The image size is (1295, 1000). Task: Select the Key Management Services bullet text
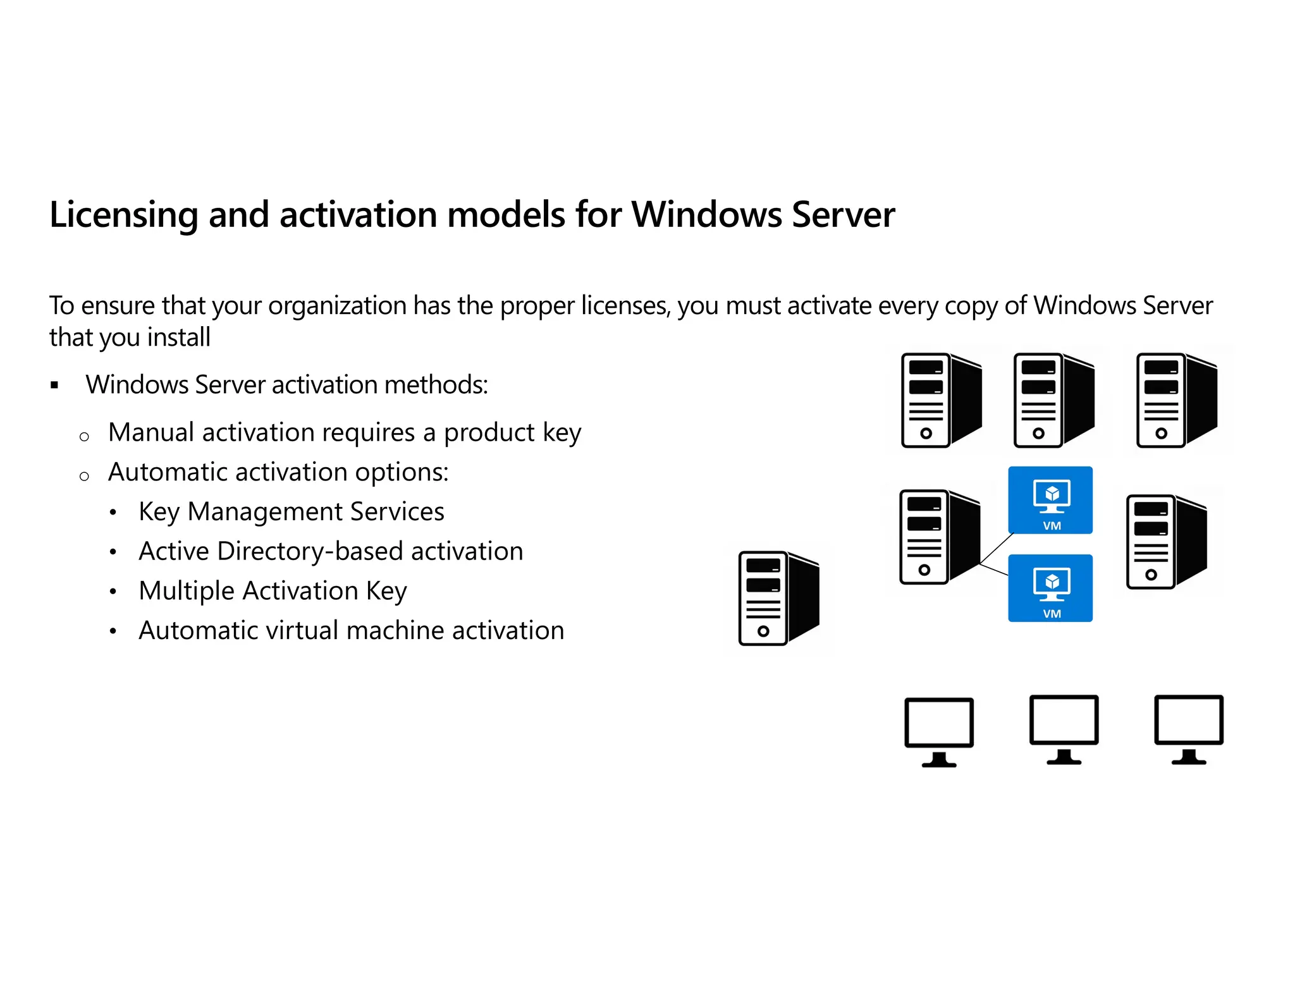(291, 511)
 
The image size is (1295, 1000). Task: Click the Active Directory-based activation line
(331, 551)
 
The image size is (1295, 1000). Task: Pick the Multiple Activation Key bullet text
(273, 591)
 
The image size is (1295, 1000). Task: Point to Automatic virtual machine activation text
(351, 631)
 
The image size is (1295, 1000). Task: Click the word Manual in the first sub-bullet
(151, 432)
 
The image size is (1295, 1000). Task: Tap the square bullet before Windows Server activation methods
(54, 385)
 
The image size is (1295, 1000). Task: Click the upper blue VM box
(1050, 500)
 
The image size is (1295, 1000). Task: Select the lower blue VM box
(1050, 588)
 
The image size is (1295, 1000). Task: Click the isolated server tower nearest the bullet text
(778, 598)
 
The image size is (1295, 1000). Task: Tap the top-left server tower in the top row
(941, 400)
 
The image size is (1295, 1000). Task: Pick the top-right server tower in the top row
(1176, 400)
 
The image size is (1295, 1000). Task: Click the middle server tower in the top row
(1053, 400)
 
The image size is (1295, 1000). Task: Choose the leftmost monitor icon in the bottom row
(939, 731)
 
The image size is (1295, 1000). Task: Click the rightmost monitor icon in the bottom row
(1189, 729)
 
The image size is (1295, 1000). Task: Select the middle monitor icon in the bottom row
(1064, 729)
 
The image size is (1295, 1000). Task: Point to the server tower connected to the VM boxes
(939, 537)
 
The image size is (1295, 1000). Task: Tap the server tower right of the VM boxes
(1166, 542)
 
